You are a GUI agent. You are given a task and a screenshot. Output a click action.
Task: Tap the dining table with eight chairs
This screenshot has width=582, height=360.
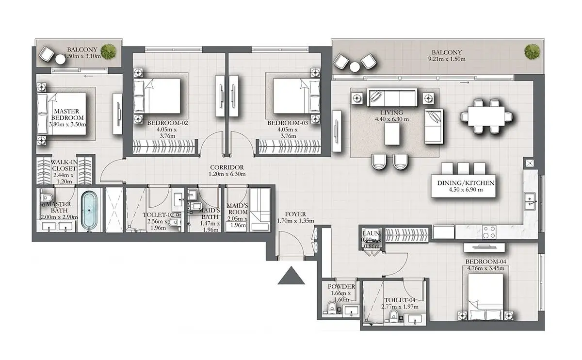point(486,116)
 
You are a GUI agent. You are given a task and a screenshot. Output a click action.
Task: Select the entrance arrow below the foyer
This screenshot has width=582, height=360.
point(291,276)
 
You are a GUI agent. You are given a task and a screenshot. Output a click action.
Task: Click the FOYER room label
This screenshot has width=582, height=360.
point(295,214)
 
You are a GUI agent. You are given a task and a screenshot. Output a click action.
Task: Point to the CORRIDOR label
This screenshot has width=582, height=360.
point(227,167)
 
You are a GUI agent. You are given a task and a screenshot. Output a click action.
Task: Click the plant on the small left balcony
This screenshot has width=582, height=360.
point(108,51)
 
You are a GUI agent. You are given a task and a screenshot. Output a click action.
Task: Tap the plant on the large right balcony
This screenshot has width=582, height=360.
point(532,52)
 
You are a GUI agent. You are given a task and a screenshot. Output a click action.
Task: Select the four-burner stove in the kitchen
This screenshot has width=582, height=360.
point(489,232)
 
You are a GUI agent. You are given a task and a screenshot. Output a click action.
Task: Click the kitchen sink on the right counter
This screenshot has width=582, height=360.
point(530,201)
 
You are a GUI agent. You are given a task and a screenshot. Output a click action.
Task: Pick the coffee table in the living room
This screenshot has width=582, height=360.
point(392,134)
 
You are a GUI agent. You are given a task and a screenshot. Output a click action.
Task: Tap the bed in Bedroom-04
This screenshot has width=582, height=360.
point(485,297)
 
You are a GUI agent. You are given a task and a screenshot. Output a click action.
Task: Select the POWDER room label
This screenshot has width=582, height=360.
point(341,286)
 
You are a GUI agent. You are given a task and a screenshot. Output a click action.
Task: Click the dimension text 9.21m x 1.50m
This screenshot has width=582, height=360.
point(447,59)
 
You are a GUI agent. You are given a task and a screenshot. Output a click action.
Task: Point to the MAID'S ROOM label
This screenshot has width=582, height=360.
point(238,209)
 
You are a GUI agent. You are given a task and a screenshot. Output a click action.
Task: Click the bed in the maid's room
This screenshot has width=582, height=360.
point(260,210)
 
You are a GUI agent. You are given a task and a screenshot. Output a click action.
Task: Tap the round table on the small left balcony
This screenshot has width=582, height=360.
point(60,59)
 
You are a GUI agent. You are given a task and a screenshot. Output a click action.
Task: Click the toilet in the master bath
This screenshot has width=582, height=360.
point(47,197)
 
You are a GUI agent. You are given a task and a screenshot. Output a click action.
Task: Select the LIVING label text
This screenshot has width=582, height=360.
point(391,113)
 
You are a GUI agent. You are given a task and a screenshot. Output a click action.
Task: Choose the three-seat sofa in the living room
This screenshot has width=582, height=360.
point(392,97)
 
